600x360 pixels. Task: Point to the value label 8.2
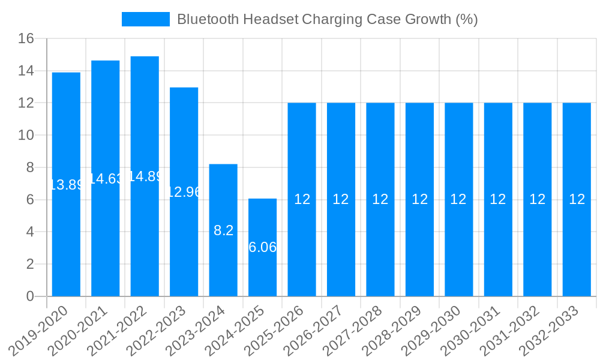[223, 230]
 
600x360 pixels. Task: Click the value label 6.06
[262, 247]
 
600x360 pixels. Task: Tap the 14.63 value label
[106, 179]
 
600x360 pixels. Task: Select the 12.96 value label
[184, 192]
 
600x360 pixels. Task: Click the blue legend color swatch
[146, 19]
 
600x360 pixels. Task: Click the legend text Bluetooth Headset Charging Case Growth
[327, 19]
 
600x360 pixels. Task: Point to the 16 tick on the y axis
[26, 39]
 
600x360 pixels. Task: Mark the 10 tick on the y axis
[26, 136]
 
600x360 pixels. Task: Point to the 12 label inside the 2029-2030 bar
[458, 199]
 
